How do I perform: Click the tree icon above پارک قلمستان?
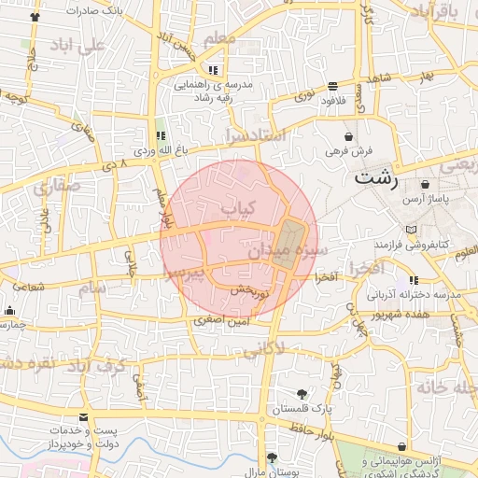click(x=301, y=394)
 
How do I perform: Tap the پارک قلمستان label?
click(x=296, y=409)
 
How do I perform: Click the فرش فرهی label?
click(x=348, y=149)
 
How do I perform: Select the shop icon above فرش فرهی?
click(x=348, y=136)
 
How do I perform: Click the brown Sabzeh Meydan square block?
click(x=290, y=243)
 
